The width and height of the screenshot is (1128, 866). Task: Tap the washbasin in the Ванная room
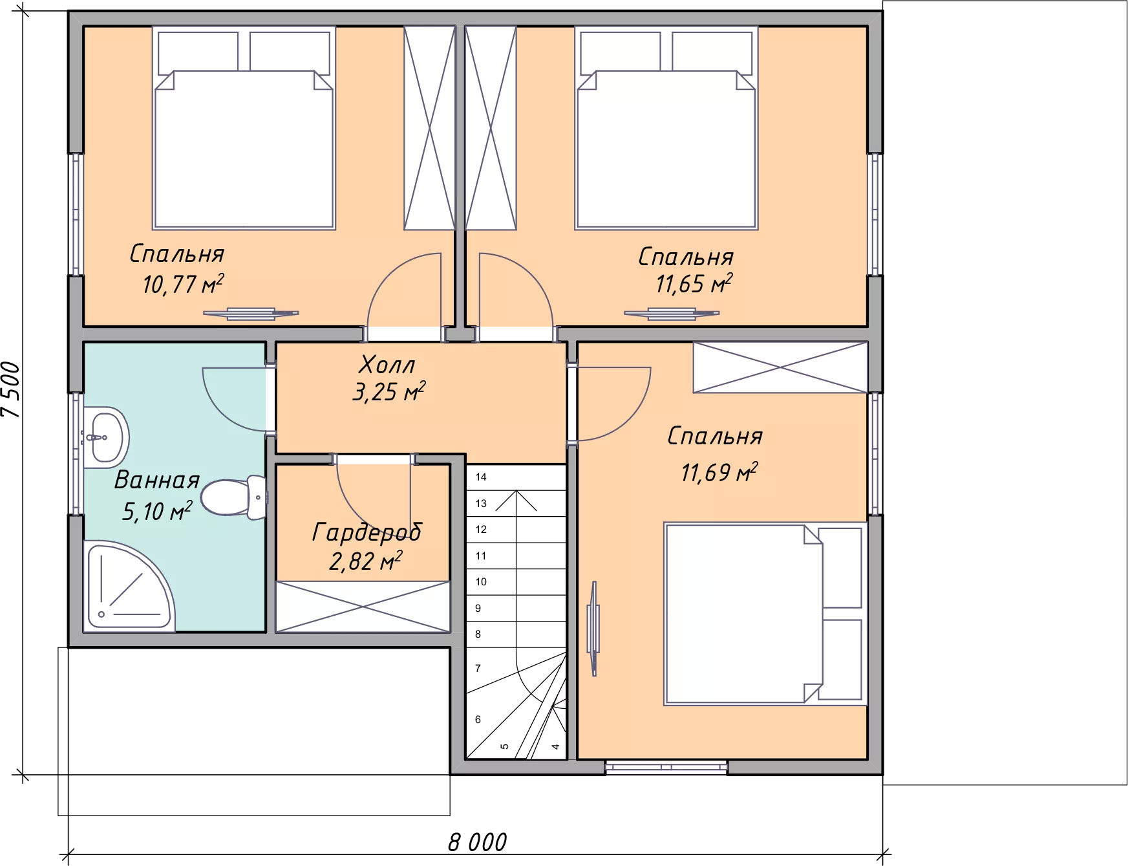(x=106, y=437)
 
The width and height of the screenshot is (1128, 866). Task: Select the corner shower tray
(x=129, y=586)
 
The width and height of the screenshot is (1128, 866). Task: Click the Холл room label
(x=387, y=365)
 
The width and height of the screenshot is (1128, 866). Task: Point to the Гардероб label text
(x=367, y=532)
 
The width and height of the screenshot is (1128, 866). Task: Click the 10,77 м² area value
(x=183, y=284)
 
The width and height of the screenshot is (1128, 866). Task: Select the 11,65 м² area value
(x=694, y=283)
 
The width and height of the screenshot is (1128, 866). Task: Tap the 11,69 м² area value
(x=719, y=472)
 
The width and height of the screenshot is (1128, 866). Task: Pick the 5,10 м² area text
(x=157, y=511)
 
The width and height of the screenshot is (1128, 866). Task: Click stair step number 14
(x=481, y=477)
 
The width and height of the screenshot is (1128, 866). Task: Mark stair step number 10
(x=481, y=582)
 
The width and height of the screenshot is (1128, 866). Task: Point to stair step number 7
(x=478, y=668)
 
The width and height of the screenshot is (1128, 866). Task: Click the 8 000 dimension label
(x=477, y=842)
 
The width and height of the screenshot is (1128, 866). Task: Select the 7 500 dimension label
(x=12, y=389)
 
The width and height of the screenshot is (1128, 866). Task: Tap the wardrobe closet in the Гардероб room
(x=363, y=607)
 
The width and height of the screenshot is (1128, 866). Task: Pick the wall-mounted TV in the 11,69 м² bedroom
(x=593, y=629)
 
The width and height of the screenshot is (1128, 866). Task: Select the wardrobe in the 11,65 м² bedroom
(x=491, y=128)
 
